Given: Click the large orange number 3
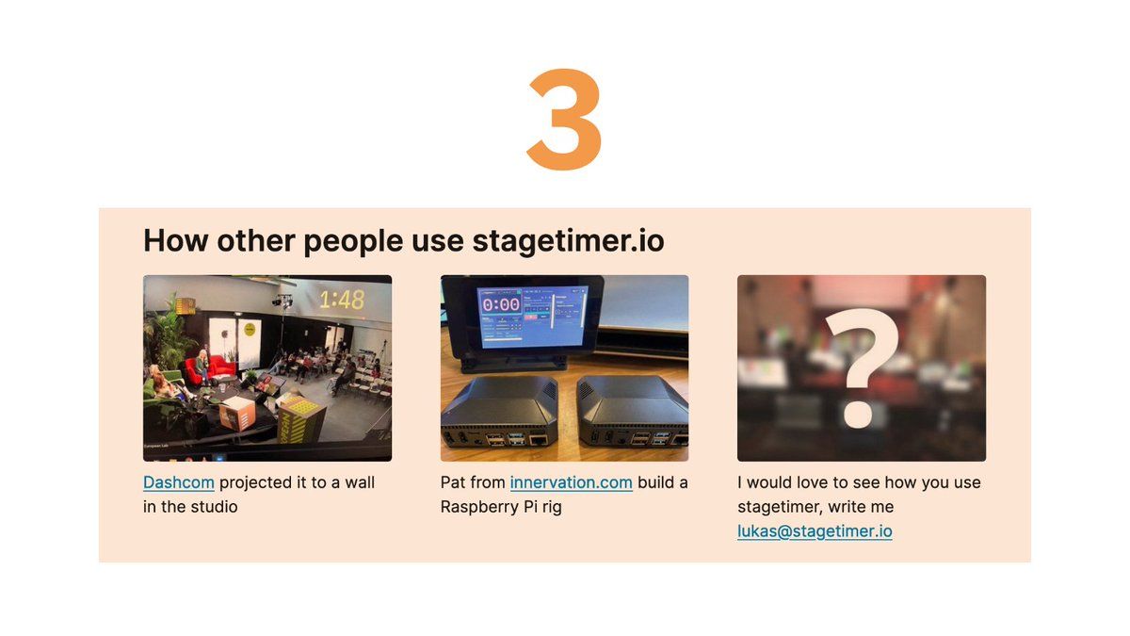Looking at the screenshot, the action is (564, 120).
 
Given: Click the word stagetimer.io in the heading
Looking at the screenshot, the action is (568, 241).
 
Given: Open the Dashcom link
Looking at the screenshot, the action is (179, 482).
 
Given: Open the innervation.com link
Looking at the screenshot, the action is (571, 482).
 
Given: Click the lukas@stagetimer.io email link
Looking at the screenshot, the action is (815, 531).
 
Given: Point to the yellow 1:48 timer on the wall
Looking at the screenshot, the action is (342, 301).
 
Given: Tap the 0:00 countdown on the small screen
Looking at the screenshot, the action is (500, 304).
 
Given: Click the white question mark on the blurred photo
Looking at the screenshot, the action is (862, 368).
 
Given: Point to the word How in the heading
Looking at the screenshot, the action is (176, 241).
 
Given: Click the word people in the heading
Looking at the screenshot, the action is (353, 242).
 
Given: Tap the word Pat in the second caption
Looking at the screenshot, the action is (452, 482).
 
